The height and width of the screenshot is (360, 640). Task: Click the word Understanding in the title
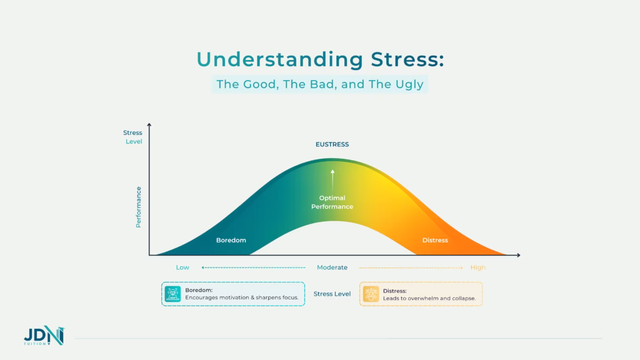(279, 59)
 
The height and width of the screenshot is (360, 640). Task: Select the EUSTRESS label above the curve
(332, 144)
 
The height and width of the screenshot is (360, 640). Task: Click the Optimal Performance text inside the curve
(332, 202)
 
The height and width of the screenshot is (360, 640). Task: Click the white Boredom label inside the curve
(231, 240)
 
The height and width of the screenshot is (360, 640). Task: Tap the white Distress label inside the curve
(435, 240)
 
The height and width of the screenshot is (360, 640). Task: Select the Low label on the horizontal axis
(182, 267)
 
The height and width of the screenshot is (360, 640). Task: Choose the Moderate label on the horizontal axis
(332, 267)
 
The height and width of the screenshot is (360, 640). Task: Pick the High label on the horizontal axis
(478, 267)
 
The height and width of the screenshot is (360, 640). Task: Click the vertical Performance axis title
(139, 206)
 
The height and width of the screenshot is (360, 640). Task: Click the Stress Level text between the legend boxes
(332, 294)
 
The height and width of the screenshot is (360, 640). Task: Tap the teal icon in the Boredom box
(172, 294)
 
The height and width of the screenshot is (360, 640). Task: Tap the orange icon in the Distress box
(371, 294)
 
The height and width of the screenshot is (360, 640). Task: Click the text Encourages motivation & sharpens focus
(242, 298)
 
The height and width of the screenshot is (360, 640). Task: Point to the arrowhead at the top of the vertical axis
(149, 126)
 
